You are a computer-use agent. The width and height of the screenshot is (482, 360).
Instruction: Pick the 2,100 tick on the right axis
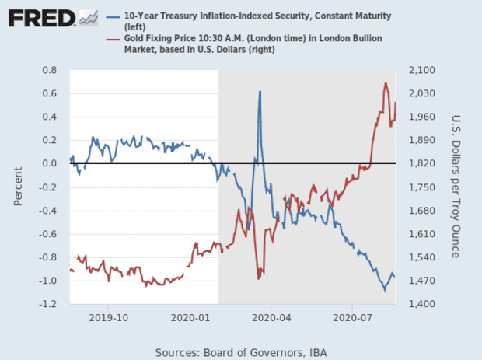420,70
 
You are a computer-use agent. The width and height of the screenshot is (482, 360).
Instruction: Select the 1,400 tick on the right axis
420,304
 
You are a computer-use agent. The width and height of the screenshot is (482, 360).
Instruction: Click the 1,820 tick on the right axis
420,163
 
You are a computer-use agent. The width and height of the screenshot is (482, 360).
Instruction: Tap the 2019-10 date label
109,318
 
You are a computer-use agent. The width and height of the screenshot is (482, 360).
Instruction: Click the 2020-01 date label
191,318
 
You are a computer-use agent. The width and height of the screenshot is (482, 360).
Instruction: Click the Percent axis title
18,187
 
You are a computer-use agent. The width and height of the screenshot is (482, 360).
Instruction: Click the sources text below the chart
241,352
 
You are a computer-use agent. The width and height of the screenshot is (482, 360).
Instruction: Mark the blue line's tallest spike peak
260,92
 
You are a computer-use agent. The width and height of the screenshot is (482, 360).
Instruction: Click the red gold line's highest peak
386,83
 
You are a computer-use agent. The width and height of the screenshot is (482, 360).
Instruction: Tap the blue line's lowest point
384,290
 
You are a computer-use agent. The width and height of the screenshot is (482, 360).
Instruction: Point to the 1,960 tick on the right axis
420,117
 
